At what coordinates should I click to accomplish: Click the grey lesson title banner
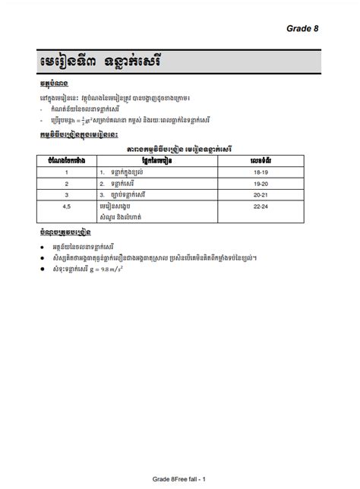(179, 60)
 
